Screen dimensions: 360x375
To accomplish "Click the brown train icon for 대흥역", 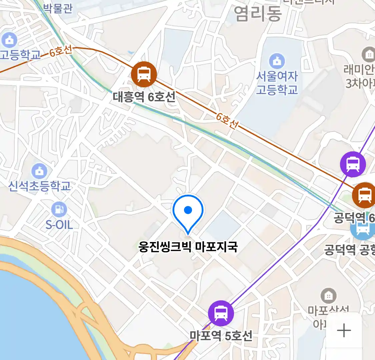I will tap(144, 74).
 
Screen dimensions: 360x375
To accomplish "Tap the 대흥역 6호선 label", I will tap(144, 97).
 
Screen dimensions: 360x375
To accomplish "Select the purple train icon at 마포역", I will tap(221, 313).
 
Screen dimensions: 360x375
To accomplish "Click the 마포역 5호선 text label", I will tap(221, 335).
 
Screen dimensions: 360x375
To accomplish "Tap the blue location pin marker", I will tap(188, 212).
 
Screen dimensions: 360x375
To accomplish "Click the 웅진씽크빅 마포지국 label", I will tap(188, 247).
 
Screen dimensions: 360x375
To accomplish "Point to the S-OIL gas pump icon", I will tap(59, 209).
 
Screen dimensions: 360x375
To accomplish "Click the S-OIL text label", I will tap(59, 225).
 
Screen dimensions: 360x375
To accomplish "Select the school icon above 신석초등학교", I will tap(39, 171).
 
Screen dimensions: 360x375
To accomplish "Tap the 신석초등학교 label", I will tap(39, 186).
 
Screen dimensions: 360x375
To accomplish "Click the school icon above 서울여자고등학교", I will tap(277, 61).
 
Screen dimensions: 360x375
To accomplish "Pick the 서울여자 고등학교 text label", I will tap(277, 83).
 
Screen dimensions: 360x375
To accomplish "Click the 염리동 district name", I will tap(258, 13).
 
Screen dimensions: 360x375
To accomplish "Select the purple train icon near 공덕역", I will tap(353, 164).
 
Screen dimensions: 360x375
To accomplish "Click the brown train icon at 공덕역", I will tap(365, 195).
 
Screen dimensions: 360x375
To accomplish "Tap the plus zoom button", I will tap(344, 331).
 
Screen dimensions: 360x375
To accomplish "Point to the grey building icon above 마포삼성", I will tap(329, 296).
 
